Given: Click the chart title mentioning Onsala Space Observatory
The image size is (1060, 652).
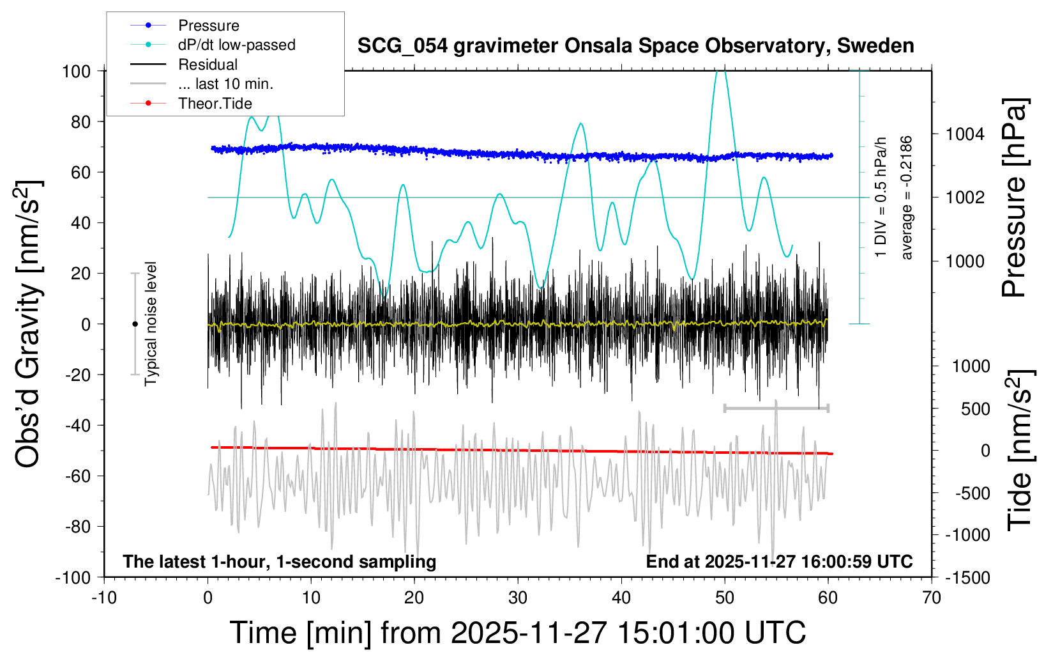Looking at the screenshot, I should pyautogui.click(x=635, y=46).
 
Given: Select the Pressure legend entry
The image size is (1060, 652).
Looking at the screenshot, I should pyautogui.click(x=208, y=26).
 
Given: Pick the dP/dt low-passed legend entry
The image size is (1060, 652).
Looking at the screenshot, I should pyautogui.click(x=236, y=45).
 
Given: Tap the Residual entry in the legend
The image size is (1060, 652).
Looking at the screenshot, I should pyautogui.click(x=208, y=65).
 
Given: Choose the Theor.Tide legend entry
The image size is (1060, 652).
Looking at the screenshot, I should pyautogui.click(x=215, y=104).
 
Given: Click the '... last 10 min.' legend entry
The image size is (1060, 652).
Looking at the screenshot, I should pyautogui.click(x=225, y=84).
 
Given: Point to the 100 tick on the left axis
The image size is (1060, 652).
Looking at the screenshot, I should pyautogui.click(x=77, y=71).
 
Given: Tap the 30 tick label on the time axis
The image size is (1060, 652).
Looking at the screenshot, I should pyautogui.click(x=518, y=598).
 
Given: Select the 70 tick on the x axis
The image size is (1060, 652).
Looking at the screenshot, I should pyautogui.click(x=932, y=598).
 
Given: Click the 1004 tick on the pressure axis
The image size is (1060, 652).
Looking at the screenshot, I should pyautogui.click(x=965, y=134).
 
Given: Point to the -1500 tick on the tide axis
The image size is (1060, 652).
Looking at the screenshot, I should pyautogui.click(x=967, y=578).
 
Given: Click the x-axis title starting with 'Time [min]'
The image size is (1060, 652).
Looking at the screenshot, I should pyautogui.click(x=517, y=633).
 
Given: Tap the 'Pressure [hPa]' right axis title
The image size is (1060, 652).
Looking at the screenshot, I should pyautogui.click(x=1014, y=198).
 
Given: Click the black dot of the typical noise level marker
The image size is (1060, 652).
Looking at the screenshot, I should pyautogui.click(x=135, y=324).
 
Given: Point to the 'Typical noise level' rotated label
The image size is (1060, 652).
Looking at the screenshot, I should pyautogui.click(x=151, y=324).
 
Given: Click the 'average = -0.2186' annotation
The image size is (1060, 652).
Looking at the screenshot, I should pyautogui.click(x=906, y=198).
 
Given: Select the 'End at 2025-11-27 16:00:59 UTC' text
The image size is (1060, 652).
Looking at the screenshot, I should pyautogui.click(x=779, y=562).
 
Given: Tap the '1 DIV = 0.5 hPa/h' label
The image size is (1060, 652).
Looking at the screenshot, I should pyautogui.click(x=881, y=198).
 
